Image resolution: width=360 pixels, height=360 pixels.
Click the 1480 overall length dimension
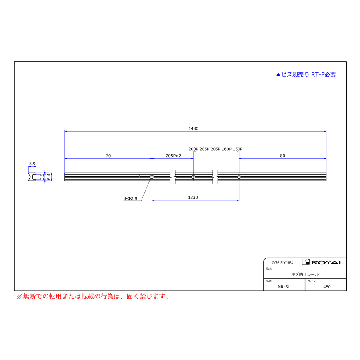(193, 128)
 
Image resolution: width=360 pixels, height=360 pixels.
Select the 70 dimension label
(108, 156)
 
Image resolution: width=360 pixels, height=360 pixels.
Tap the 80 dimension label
(282, 156)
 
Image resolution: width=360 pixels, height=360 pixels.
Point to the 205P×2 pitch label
(173, 156)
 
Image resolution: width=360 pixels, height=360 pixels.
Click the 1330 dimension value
(193, 198)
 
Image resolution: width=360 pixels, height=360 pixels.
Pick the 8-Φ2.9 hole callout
(130, 198)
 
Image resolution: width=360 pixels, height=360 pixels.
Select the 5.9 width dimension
(32, 164)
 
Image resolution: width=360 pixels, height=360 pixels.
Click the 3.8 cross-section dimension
(42, 176)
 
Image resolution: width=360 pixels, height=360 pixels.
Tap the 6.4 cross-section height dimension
(49, 176)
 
